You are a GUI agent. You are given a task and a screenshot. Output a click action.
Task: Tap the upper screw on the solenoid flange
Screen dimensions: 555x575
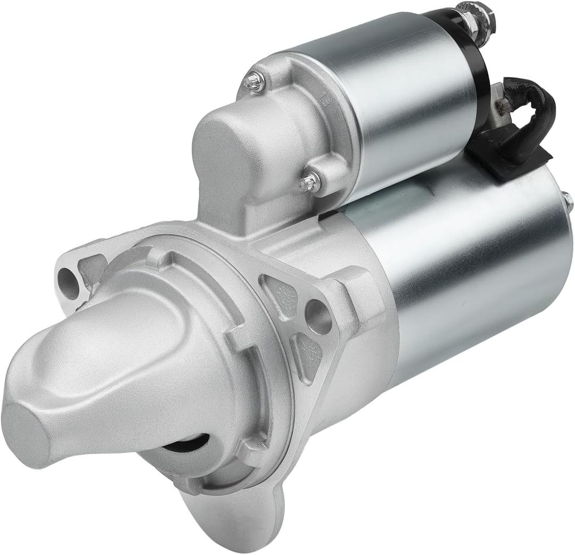(x=254, y=81)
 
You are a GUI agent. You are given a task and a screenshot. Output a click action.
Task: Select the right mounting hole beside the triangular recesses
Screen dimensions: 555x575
(x=318, y=317)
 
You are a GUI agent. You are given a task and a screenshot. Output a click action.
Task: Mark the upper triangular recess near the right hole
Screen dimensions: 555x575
(x=285, y=293)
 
